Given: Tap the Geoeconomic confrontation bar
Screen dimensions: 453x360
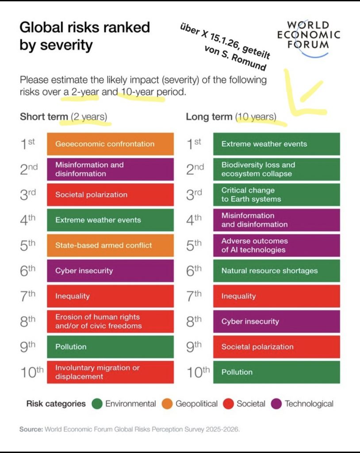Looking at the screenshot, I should tap(110, 144).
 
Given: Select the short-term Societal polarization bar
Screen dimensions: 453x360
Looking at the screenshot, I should tap(110, 195).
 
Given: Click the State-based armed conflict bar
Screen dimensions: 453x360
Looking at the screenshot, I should tap(110, 245).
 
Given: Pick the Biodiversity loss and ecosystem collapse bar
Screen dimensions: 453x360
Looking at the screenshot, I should tap(276, 169).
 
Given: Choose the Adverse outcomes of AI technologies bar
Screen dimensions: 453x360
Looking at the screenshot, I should tap(276, 245).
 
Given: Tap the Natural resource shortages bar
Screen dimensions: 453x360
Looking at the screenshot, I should tap(276, 271).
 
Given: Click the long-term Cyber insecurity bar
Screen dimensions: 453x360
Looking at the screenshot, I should tap(276, 321).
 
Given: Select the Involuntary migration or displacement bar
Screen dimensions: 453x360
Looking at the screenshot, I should tap(110, 372).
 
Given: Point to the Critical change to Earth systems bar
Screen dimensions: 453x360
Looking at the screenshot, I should tap(276, 195).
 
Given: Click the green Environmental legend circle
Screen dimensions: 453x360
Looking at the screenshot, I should tap(97, 403).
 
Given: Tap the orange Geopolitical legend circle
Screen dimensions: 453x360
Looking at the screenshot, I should tap(168, 403).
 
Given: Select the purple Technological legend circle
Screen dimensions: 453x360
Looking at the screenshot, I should tap(277, 403).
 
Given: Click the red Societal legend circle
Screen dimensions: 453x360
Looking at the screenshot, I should tap(229, 403).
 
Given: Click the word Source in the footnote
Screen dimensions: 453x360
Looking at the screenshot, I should tap(31, 429).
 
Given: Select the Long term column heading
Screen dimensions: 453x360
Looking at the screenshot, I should tap(209, 117).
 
